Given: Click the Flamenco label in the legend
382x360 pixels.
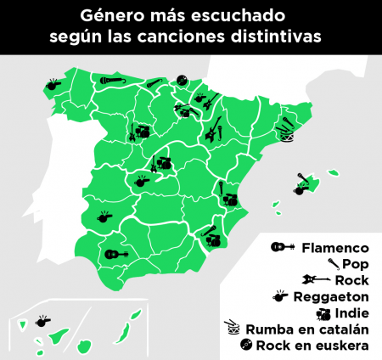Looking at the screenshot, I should pos(335,248).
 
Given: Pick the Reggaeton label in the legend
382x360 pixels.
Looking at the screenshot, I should pos(330,296).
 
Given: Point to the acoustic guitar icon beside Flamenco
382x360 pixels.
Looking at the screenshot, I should pos(282,248).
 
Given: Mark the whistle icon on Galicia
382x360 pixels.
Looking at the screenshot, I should pos(55,83).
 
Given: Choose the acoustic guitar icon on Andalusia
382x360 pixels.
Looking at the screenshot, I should pos(115,252).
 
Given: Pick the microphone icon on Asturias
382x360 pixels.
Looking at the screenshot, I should pos(111,81).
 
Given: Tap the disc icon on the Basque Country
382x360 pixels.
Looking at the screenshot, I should pos(181,80).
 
